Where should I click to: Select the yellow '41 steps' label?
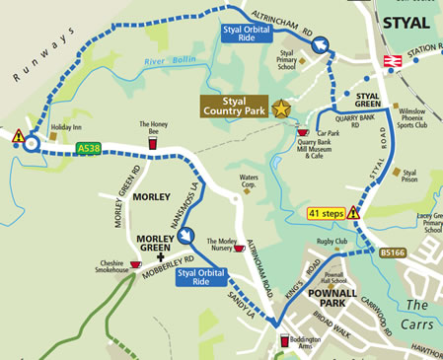click(x=325, y=212)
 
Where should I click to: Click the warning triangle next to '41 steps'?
click(x=353, y=212)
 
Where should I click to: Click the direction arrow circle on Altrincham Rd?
click(x=320, y=44)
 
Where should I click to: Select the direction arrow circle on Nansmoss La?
click(x=184, y=237)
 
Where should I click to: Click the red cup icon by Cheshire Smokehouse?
click(x=135, y=264)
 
